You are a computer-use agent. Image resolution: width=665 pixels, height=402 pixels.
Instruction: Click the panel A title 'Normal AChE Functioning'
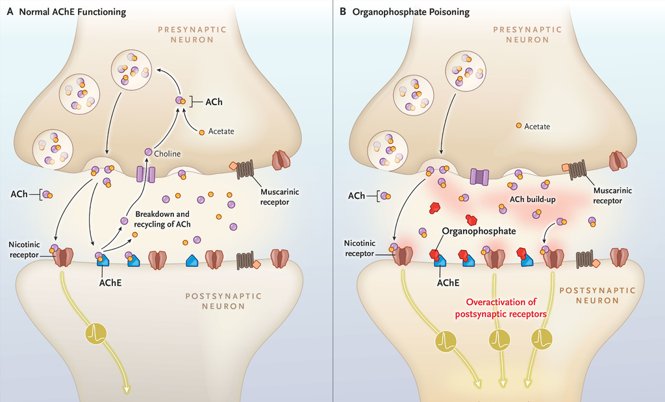(x=71, y=12)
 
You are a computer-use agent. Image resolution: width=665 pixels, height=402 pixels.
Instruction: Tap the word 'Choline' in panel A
(x=167, y=153)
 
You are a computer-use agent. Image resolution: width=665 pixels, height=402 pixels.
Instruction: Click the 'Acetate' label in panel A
(x=221, y=131)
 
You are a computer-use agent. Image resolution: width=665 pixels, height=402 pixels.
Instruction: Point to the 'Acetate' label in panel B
(x=537, y=127)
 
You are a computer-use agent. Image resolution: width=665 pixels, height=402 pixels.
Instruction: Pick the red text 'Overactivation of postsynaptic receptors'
(x=506, y=308)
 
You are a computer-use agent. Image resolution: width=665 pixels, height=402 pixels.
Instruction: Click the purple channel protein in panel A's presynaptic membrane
(x=145, y=173)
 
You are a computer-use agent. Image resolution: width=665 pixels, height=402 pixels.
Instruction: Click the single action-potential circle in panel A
(x=94, y=334)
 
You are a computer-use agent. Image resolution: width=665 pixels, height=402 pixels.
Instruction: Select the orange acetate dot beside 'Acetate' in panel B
(x=518, y=126)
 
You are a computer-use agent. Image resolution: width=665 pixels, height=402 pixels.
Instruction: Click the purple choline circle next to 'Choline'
(x=148, y=152)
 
